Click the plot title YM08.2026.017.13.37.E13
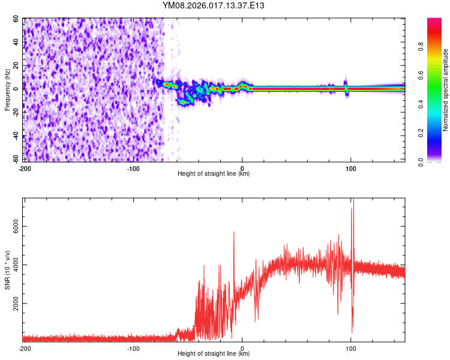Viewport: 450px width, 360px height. click(x=214, y=5)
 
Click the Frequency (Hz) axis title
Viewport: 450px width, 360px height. click(x=8, y=90)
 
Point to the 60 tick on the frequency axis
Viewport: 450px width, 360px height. click(x=17, y=19)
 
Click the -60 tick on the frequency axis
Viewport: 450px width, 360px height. click(x=16, y=159)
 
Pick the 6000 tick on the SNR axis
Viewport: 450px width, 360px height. click(x=13, y=226)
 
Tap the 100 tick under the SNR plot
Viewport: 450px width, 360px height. click(x=351, y=349)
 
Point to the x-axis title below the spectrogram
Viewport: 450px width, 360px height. click(x=214, y=174)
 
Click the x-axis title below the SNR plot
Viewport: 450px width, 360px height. click(x=214, y=354)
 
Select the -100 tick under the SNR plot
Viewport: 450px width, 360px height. click(x=133, y=349)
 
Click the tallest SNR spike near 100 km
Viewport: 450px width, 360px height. click(x=353, y=201)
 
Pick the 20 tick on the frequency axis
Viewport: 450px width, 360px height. click(x=17, y=65)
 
